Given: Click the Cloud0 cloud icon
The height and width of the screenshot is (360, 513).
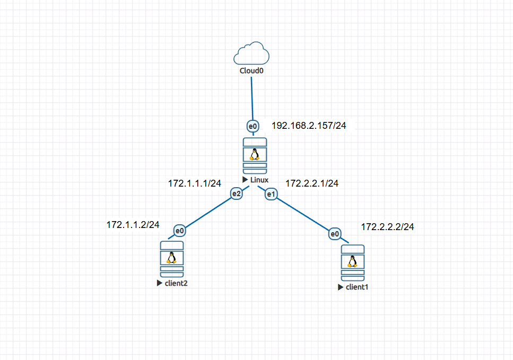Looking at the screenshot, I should [252, 54].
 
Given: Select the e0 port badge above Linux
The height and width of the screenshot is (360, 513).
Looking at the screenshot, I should [253, 126].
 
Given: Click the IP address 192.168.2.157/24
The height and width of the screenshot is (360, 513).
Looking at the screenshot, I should [309, 126].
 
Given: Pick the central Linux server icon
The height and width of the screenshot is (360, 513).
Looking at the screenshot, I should [255, 155].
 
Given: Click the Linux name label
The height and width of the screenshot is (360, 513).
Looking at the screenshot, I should [259, 180].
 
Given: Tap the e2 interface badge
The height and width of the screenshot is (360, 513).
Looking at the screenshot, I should [236, 194].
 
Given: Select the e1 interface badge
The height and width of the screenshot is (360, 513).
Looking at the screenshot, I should [271, 194].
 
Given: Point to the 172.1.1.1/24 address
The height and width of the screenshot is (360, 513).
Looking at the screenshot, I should [194, 183].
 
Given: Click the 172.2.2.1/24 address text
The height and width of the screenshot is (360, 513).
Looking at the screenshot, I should [311, 183].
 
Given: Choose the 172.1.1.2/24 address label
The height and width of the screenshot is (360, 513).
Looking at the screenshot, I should [133, 225].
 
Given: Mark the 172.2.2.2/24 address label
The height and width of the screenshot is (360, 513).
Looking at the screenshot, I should [387, 227].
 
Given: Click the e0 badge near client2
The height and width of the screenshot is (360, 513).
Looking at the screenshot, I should [180, 231].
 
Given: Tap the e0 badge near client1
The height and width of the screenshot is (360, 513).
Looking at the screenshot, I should [334, 233].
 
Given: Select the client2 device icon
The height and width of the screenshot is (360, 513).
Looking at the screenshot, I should [171, 259].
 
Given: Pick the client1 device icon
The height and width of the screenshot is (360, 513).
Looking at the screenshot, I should [352, 262].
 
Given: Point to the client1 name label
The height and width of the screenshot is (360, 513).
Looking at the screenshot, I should [357, 287].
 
